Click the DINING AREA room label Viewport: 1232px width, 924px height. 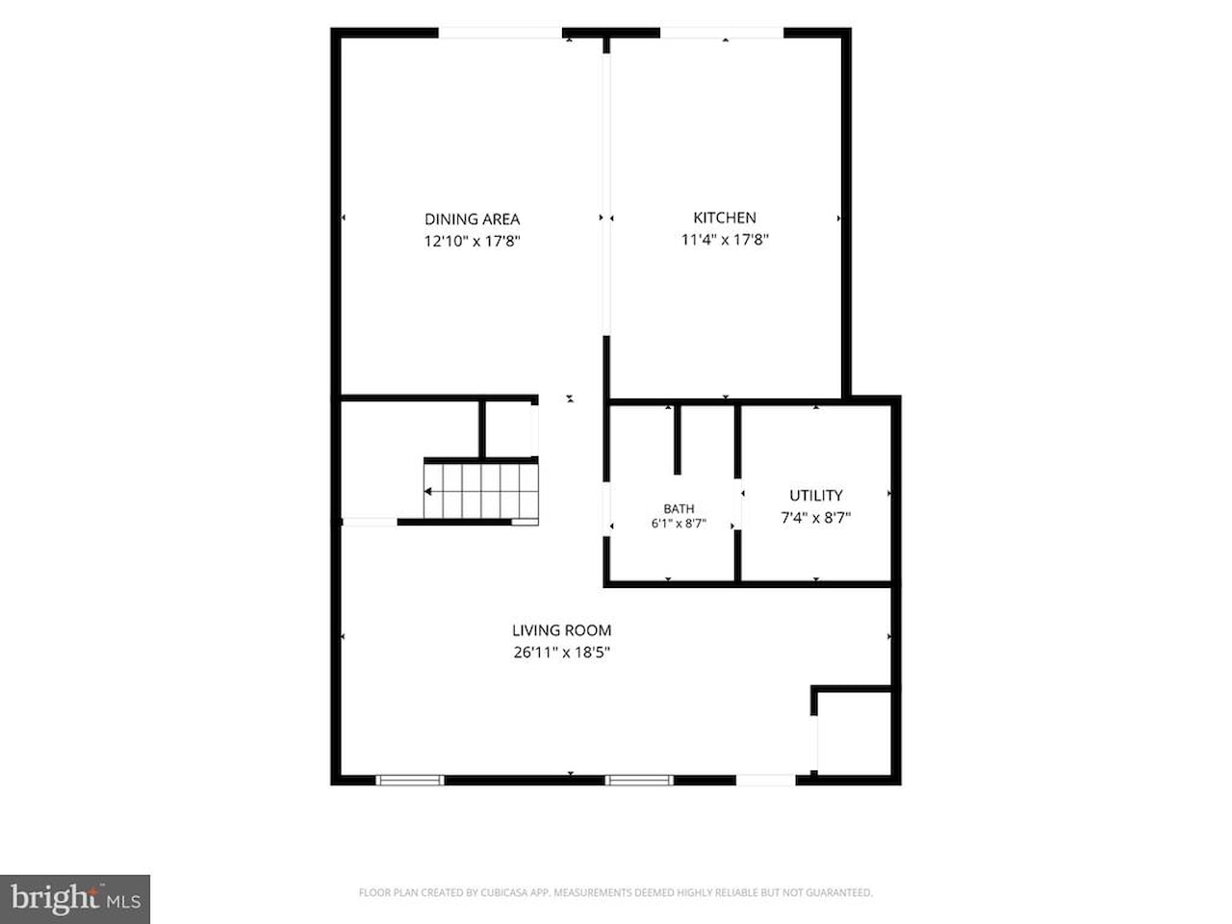coord(472,218)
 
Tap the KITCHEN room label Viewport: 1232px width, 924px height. coord(725,218)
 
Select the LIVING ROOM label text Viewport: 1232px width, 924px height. coord(562,630)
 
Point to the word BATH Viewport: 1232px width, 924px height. coord(679,509)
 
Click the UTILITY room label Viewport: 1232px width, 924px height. coord(815,496)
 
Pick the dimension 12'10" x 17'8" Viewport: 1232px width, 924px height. coord(472,242)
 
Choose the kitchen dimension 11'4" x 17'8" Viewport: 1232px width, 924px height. coord(725,240)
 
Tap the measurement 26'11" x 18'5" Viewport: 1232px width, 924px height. coord(562,653)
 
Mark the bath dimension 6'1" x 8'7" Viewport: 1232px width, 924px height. coord(679,524)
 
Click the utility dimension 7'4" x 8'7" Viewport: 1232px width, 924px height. coord(815,517)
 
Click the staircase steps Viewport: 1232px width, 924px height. coord(481,492)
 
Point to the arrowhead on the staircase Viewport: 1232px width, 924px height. coord(427,492)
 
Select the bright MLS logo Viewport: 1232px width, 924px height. coord(75,899)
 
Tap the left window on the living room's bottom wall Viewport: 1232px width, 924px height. coord(410,780)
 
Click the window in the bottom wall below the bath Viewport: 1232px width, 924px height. coord(639,780)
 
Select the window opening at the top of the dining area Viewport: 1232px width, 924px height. coord(500,33)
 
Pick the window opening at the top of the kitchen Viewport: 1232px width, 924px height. coord(722,33)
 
